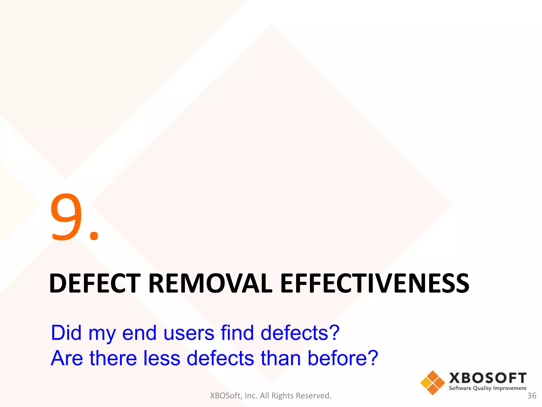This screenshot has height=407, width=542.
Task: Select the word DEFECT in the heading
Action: pyautogui.click(x=95, y=284)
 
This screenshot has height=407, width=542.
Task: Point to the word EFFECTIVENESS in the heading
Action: pyautogui.click(x=374, y=284)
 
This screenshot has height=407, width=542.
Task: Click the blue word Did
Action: pyautogui.click(x=66, y=333)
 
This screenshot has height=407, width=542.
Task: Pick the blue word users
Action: pyautogui.click(x=189, y=333)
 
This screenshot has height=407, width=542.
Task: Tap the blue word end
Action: pyautogui.click(x=139, y=333)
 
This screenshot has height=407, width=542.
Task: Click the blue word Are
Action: pyautogui.click(x=67, y=358)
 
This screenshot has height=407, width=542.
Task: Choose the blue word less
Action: pyautogui.click(x=162, y=358)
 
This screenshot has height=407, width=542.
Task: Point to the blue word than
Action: pyautogui.click(x=281, y=358)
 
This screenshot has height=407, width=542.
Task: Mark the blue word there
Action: pyautogui.click(x=113, y=358)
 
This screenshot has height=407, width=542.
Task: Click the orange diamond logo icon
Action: pyautogui.click(x=433, y=383)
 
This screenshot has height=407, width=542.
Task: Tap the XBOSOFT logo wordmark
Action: pyautogui.click(x=488, y=378)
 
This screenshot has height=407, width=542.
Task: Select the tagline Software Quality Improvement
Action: pyautogui.click(x=487, y=388)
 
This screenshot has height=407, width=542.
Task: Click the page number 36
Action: pyautogui.click(x=532, y=396)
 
